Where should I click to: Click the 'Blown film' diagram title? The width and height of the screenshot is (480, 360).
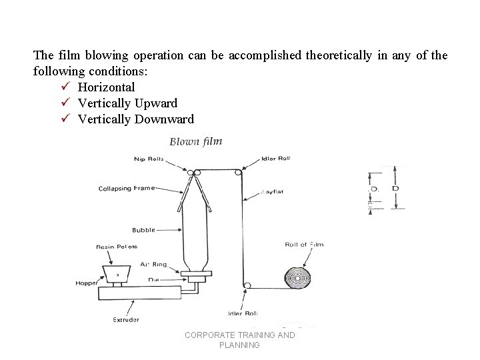[195, 141]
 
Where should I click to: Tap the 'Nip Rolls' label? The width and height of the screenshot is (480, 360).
[149, 159]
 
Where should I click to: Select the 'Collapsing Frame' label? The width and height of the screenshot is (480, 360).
[127, 188]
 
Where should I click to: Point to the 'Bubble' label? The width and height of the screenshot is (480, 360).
[143, 230]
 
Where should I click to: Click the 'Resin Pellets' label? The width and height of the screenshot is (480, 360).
[117, 247]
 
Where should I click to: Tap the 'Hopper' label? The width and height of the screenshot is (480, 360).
[86, 283]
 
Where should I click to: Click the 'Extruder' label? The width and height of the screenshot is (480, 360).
[125, 320]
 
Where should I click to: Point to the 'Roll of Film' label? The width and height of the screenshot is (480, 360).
[304, 245]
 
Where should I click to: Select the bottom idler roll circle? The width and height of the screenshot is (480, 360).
[247, 286]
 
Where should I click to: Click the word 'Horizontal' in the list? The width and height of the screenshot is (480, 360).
[106, 87]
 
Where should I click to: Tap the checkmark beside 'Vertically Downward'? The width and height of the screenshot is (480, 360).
[65, 119]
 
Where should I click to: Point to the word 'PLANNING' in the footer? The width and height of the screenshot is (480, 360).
[239, 345]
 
